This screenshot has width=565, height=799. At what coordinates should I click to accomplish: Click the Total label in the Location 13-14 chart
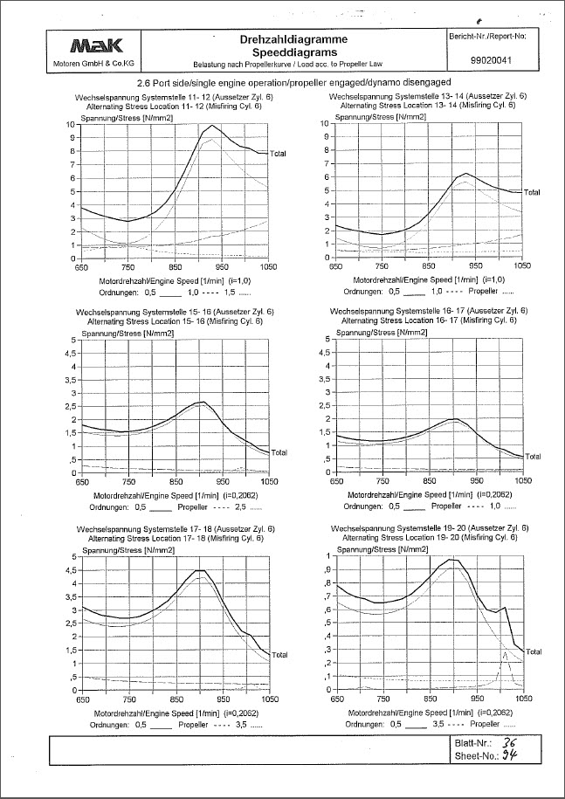coord(532,192)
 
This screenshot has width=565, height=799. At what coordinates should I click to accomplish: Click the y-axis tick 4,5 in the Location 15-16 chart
coord(70,353)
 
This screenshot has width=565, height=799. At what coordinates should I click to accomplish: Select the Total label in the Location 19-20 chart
coord(534,651)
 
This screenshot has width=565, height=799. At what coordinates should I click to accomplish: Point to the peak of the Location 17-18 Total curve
coord(199,570)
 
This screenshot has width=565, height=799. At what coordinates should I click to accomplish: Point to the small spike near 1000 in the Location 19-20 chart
coord(504,652)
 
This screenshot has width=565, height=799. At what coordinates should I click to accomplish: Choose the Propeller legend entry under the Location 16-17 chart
coord(445,506)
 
